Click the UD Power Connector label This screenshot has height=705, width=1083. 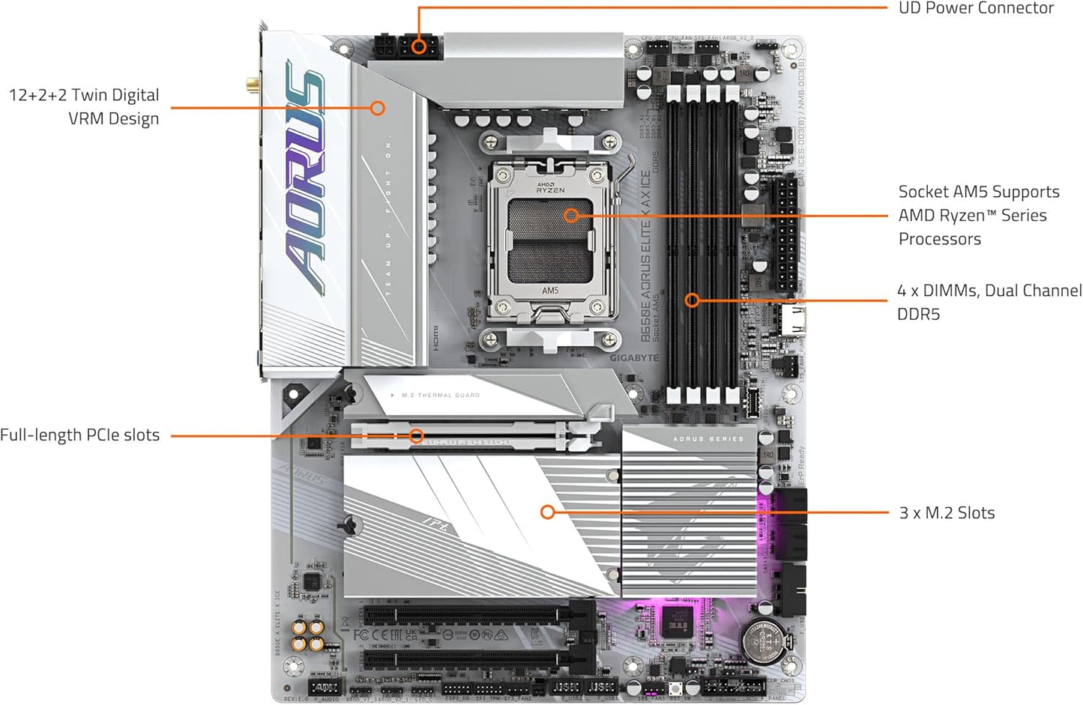(976, 8)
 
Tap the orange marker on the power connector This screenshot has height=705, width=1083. (419, 47)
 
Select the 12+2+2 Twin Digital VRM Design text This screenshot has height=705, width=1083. (84, 106)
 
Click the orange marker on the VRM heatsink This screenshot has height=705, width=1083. (378, 108)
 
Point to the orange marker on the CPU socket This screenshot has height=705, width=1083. (571, 216)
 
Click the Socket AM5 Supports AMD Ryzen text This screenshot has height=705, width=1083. (978, 215)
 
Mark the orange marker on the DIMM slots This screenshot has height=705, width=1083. (693, 300)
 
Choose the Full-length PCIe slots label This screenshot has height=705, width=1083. (79, 435)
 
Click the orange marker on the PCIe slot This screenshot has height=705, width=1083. (417, 436)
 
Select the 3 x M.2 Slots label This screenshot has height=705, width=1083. (947, 513)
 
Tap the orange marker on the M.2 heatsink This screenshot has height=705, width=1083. (548, 512)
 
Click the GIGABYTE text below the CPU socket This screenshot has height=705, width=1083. (634, 358)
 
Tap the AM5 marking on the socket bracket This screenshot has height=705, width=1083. (550, 291)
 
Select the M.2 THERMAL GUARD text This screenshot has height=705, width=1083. (441, 395)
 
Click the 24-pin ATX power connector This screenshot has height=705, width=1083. (785, 234)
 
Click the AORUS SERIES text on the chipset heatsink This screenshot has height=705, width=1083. (708, 439)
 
